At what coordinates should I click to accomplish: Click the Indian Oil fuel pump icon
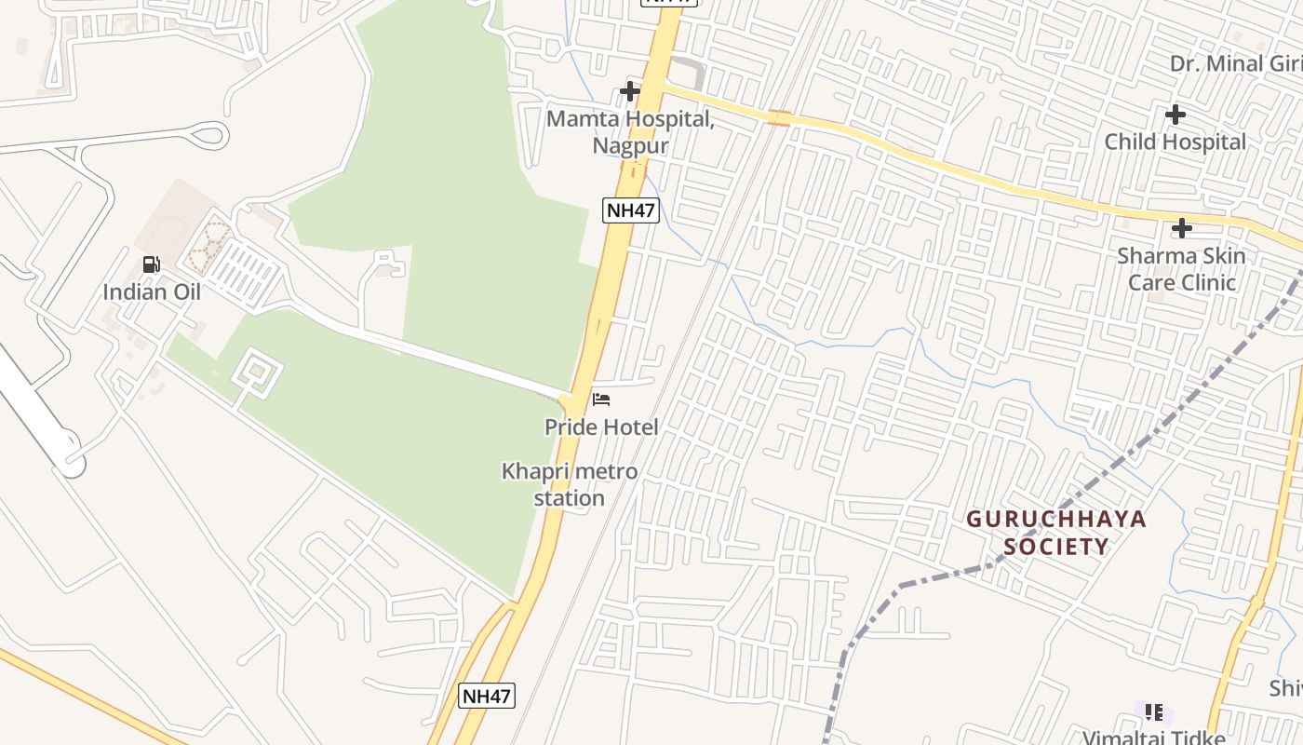point(151,265)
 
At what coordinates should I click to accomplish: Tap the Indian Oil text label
point(152,291)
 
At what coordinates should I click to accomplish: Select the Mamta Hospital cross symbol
point(630,91)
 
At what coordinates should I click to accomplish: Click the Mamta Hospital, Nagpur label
point(630,132)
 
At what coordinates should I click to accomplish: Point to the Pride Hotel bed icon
point(601,400)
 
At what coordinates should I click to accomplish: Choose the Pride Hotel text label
point(601,427)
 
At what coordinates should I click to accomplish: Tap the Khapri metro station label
point(570,484)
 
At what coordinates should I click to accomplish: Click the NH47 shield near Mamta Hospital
point(631,210)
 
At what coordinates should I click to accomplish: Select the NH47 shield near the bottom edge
point(487,695)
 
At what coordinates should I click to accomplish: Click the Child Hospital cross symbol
point(1175,115)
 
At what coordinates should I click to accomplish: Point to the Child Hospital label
point(1175,142)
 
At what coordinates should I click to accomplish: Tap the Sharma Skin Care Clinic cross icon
point(1182,228)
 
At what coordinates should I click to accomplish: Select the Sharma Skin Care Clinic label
point(1181,268)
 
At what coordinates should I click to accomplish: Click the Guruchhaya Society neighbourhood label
point(1056,532)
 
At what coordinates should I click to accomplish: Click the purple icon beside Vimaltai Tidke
point(1154,712)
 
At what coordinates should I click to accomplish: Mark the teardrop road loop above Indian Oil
point(208,135)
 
